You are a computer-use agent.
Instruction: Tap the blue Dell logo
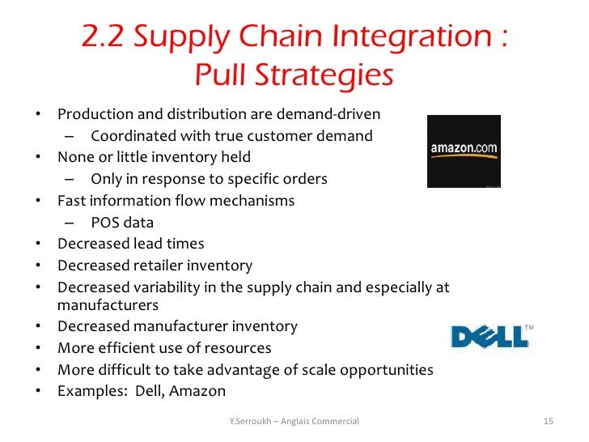point(492,334)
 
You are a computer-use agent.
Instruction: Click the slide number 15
point(548,421)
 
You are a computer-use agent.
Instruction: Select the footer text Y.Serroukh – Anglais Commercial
point(294,421)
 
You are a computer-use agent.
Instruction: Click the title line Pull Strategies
point(294,76)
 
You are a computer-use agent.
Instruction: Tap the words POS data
point(122,222)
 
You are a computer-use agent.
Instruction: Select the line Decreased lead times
point(131,244)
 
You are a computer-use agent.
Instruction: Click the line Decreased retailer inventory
point(155,266)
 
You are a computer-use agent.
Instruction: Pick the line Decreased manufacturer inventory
point(178,327)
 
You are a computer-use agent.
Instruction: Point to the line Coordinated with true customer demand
point(231,135)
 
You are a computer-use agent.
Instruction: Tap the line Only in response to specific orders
point(209,179)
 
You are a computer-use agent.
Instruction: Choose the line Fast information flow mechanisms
point(176,200)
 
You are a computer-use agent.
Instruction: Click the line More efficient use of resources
point(165,349)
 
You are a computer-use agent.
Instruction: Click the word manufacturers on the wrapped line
point(108,306)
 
